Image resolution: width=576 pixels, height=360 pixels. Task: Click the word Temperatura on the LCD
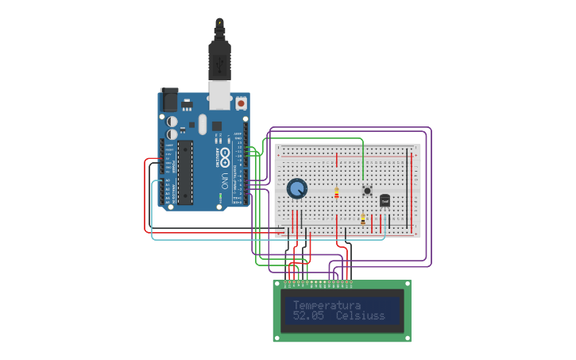tap(327, 305)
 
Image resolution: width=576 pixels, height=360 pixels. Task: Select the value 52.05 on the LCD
tap(307, 316)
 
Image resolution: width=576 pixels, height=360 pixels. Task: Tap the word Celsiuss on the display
tap(360, 316)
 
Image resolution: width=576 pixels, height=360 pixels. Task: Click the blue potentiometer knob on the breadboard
tap(296, 188)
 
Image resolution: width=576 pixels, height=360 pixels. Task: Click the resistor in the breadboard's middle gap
tap(336, 192)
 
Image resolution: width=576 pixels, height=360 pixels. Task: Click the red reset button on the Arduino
tap(241, 103)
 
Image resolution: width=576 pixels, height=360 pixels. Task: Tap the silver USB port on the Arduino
tap(219, 94)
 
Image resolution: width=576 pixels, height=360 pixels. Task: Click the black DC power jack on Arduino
tap(169, 100)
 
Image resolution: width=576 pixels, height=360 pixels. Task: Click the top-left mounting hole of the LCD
tap(278, 285)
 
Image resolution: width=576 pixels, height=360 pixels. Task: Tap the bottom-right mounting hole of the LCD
tap(407, 337)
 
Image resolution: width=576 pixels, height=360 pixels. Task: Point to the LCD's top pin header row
tap(318, 282)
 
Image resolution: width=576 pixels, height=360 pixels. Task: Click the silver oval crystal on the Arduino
tap(203, 124)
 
